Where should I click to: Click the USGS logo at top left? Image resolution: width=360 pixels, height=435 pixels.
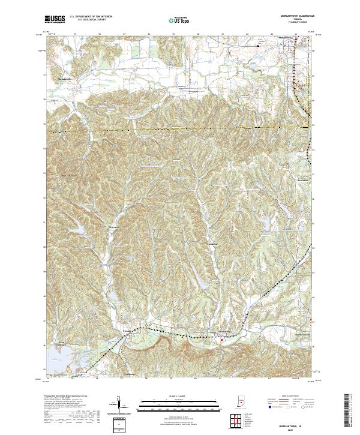point(55,19)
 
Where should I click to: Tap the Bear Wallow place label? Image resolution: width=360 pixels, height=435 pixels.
point(70,176)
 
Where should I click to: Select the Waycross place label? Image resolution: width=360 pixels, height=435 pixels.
point(114,228)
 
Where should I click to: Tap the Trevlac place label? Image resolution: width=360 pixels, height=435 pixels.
point(127,331)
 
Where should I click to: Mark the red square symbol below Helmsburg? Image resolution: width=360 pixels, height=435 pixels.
point(221,340)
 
